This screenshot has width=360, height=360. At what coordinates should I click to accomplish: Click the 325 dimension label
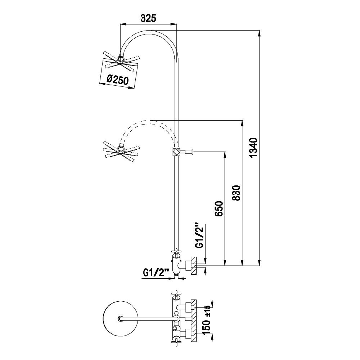[x=148, y=18]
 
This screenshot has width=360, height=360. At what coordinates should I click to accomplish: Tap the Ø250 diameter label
[x=118, y=80]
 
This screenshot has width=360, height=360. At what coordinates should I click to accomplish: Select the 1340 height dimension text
[x=254, y=147]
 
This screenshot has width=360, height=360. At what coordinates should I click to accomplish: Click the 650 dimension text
[x=219, y=209]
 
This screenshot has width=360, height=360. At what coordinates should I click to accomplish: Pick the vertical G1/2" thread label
[x=200, y=235]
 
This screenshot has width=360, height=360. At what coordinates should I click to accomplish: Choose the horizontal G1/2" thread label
[x=156, y=273]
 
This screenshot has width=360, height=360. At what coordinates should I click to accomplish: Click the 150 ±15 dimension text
[x=207, y=321]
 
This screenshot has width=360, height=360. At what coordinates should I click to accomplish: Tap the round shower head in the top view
[x=121, y=319]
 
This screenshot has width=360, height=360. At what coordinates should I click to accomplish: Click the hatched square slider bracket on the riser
[x=176, y=152]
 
